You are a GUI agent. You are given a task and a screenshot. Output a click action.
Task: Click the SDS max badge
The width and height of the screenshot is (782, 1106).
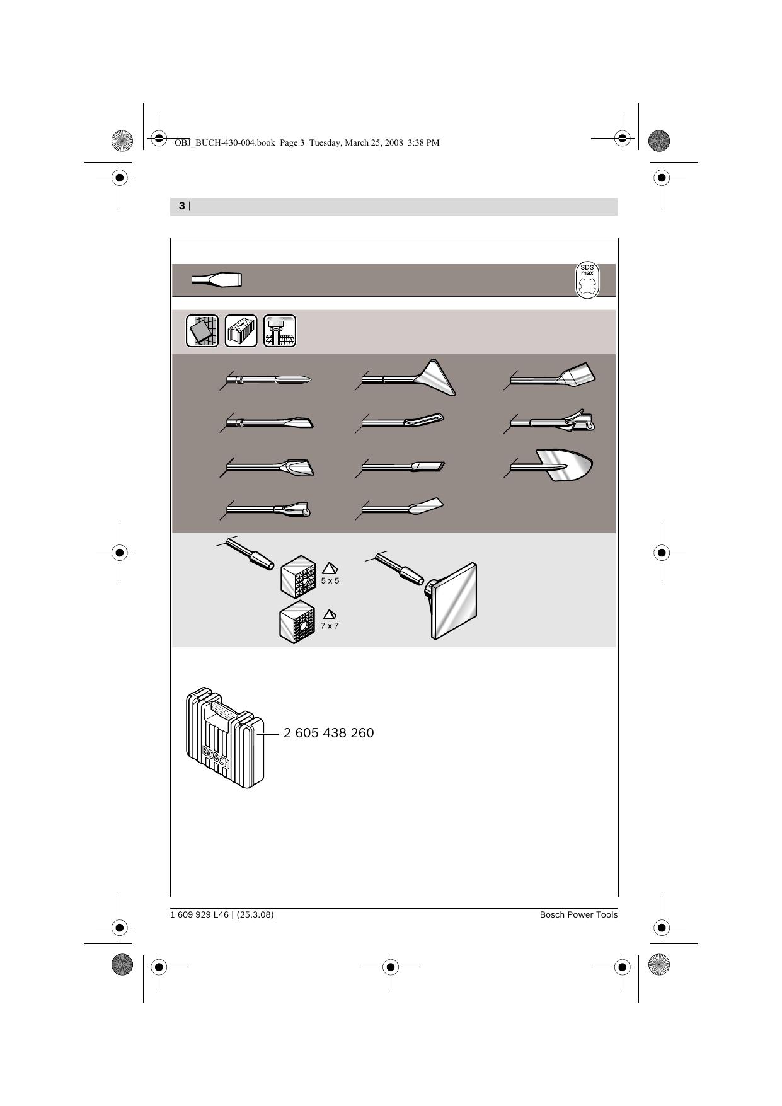587,280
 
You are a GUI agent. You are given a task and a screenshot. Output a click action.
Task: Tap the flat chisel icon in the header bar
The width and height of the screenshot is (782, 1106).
217,280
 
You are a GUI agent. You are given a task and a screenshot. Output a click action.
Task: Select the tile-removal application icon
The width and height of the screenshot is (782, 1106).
202,331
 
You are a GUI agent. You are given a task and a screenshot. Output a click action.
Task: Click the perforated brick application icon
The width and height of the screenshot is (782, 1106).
241,331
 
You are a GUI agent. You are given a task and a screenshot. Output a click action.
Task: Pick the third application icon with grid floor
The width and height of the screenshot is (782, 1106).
280,331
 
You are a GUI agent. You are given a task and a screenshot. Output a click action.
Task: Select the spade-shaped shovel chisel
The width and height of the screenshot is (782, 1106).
552,466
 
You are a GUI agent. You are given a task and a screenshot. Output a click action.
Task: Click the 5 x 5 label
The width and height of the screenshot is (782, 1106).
330,580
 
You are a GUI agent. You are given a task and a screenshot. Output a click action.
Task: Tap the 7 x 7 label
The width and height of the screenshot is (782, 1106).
330,626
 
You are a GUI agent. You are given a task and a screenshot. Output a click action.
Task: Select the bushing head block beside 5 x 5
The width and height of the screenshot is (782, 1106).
298,575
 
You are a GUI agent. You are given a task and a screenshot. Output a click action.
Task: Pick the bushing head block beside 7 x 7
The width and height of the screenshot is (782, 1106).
297,621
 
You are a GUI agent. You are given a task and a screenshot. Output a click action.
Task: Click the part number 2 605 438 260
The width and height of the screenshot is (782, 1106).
329,733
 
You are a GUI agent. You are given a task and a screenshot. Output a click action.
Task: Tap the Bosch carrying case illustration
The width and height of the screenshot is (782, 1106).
225,738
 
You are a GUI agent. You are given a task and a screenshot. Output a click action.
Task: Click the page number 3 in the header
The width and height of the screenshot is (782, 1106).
182,206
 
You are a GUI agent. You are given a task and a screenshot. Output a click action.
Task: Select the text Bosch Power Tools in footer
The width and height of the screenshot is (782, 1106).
578,914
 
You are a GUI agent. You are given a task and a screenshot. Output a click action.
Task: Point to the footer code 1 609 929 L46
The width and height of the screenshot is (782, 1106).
199,914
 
